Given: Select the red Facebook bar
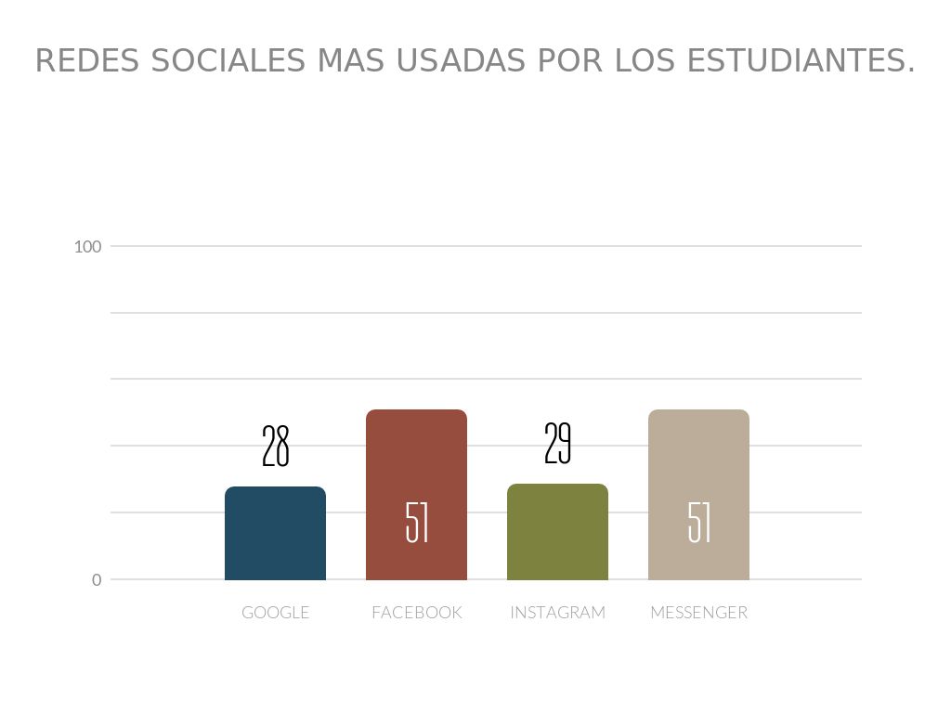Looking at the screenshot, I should pyautogui.click(x=416, y=464).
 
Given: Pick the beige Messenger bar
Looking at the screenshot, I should pyautogui.click(x=698, y=464).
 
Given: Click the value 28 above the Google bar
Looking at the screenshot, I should pyautogui.click(x=276, y=447).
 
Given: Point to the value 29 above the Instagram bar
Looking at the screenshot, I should pyautogui.click(x=557, y=444).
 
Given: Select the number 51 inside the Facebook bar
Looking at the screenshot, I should pyautogui.click(x=417, y=523).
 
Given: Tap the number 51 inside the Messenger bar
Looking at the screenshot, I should pyautogui.click(x=699, y=523).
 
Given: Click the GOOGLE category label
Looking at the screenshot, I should pyautogui.click(x=275, y=613).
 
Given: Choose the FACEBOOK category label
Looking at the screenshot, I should pyautogui.click(x=416, y=613).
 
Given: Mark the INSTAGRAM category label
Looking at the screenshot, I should pyautogui.click(x=557, y=613).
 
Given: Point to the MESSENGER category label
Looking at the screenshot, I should pyautogui.click(x=698, y=613).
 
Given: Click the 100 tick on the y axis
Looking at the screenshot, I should pyautogui.click(x=88, y=247).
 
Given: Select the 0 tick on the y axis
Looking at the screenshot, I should pyautogui.click(x=97, y=580).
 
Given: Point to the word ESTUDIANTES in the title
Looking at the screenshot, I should pyautogui.click(x=796, y=61).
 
